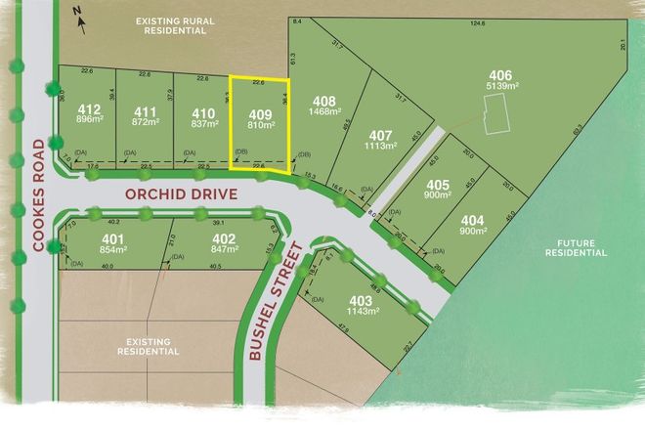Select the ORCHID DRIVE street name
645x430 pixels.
pyautogui.click(x=182, y=193)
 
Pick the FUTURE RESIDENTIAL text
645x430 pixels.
pyautogui.click(x=575, y=245)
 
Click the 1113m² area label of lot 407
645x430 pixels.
pyautogui.click(x=382, y=147)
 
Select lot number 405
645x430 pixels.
pyautogui.click(x=438, y=186)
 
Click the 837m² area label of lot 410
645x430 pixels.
pyautogui.click(x=203, y=123)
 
